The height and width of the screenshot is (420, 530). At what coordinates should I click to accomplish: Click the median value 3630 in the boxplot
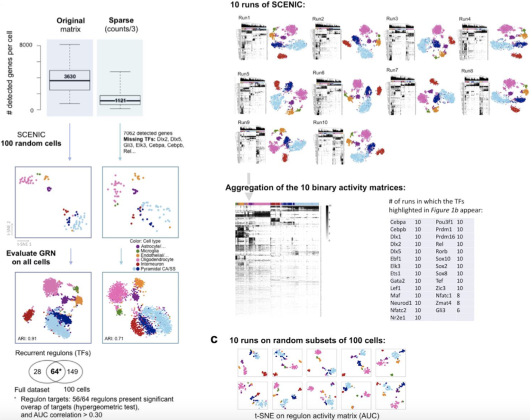70,77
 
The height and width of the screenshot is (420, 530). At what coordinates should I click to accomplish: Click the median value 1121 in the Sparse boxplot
120,100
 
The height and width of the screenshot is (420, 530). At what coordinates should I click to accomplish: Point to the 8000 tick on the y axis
26,45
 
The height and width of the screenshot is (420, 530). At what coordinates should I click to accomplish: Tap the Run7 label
392,70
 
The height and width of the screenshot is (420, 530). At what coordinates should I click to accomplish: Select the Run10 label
320,122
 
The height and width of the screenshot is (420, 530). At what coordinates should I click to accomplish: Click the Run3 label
392,19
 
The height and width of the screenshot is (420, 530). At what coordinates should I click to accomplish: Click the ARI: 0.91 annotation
27,339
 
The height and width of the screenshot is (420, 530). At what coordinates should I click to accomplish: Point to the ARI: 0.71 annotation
114,339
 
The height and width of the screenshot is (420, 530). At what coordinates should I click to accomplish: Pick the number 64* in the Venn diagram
56,371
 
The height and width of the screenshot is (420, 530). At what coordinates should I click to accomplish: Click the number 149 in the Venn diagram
73,371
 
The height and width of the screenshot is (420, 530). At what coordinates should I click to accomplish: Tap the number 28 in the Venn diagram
37,371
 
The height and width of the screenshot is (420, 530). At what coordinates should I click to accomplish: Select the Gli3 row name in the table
440,310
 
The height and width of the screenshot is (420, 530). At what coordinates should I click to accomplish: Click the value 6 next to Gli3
458,310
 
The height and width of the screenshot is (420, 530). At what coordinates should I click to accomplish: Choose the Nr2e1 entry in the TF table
398,318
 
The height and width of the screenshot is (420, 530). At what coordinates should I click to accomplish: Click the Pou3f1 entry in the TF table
444,222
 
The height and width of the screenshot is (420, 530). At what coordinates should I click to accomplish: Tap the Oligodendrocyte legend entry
157,259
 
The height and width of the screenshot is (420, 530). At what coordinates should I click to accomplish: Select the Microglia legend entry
150,251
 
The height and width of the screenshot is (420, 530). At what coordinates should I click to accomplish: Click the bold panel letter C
214,340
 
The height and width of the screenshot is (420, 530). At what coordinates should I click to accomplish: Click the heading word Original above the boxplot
71,21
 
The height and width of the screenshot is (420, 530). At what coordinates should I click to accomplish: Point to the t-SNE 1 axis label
24,244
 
